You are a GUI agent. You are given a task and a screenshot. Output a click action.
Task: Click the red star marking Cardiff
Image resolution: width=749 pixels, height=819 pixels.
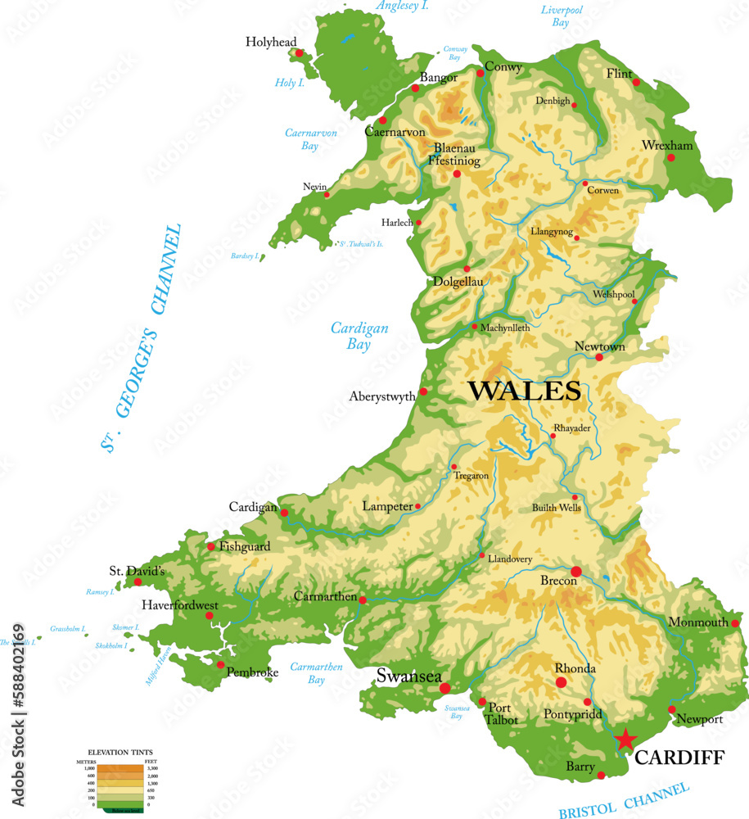(625, 739)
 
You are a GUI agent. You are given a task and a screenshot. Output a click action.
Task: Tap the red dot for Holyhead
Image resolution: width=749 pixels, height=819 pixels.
(300, 53)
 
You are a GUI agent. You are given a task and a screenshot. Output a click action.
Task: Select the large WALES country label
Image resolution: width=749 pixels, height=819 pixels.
(524, 391)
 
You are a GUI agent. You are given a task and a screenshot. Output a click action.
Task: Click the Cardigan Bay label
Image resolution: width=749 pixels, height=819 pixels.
(359, 337)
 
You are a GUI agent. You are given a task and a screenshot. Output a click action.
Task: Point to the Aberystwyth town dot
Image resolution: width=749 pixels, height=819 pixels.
(423, 391)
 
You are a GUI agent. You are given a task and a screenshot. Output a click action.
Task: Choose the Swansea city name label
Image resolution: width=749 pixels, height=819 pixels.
(408, 676)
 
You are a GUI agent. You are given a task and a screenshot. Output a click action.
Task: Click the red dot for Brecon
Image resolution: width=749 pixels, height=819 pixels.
(576, 571)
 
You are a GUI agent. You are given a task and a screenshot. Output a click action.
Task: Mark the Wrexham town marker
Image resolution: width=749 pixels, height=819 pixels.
(672, 157)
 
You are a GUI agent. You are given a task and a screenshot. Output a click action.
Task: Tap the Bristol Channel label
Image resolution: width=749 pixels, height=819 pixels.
(624, 799)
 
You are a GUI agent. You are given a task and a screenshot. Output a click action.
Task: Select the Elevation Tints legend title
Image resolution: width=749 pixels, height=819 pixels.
(120, 751)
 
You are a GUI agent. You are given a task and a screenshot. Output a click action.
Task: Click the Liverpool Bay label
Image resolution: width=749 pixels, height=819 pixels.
(562, 16)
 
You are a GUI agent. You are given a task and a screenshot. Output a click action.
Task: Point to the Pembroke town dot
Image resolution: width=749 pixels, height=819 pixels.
(220, 665)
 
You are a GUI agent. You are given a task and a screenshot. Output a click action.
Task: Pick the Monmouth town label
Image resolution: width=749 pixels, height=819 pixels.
(697, 622)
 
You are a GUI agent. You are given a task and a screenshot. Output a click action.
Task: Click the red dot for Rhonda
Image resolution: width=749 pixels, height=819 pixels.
(562, 682)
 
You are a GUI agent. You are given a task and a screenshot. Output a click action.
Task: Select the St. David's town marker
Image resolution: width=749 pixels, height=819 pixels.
(138, 582)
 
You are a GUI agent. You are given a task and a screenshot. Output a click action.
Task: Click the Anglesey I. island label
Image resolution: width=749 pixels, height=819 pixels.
(403, 7)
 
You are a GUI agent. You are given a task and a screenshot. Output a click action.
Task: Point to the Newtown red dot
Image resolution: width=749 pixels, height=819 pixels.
(599, 357)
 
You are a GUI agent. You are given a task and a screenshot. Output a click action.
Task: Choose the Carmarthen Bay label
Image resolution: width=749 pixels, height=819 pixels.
(316, 673)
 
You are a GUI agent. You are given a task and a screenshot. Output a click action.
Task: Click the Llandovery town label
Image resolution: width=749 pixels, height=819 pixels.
(510, 559)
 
